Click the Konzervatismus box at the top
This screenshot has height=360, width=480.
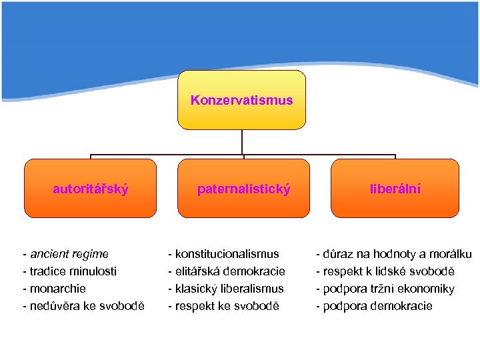tap(241, 100)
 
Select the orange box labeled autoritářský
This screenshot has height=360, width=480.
tap(91, 189)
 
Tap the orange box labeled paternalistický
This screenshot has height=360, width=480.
tap(243, 189)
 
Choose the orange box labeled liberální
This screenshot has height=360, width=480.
tap(395, 189)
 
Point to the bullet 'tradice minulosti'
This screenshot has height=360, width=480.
tap(69, 271)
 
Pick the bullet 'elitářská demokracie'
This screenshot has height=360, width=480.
tap(227, 271)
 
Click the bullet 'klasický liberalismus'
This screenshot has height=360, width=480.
tap(226, 289)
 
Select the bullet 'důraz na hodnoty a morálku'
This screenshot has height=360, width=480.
tap(394, 254)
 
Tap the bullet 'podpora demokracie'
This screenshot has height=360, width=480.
tap(374, 306)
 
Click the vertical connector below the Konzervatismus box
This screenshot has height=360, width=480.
tap(242, 142)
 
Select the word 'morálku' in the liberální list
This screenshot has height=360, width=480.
tap(451, 254)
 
